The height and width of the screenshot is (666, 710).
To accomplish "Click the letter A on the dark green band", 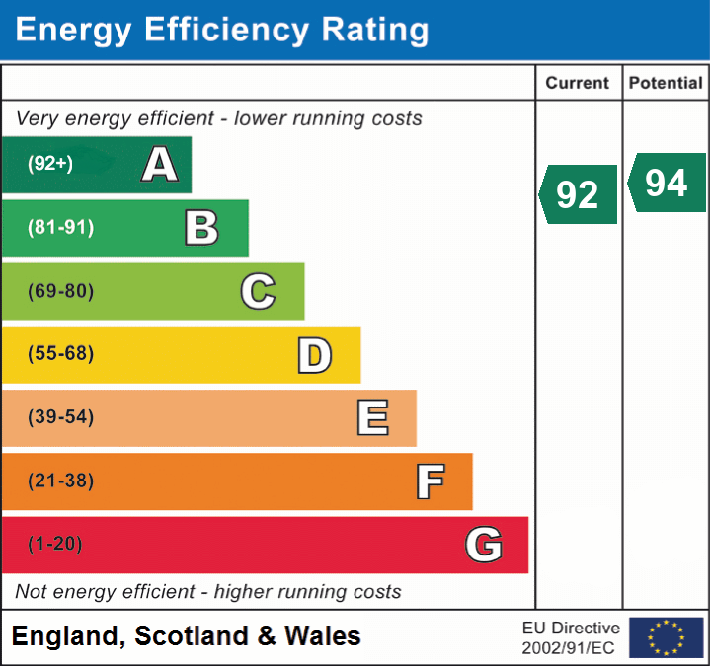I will coord(160,165).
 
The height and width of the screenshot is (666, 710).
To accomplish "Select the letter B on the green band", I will coord(201,228).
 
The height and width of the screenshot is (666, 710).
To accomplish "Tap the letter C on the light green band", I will coord(258,291).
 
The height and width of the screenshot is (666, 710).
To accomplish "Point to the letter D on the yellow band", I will coord(314,355).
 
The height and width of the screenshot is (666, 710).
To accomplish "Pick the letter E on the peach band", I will coord(371,417).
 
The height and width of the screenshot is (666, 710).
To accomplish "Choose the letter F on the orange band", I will coord(429,481).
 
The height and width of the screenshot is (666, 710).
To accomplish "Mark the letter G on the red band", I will coord(484,545).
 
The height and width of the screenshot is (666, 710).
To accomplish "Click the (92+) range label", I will coord(50,165).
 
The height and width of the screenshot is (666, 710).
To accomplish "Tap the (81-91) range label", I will coord(60,228).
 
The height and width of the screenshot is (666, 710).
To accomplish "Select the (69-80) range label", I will coord(60,291).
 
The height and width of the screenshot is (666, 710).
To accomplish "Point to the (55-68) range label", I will coord(60,354).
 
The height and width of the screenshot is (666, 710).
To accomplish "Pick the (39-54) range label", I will coord(60,417).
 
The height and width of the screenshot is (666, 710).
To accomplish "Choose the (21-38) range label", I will coord(60,481).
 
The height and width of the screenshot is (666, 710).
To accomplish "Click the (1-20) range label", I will coord(55,545).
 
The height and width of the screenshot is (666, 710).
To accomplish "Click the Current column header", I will coord(578,84).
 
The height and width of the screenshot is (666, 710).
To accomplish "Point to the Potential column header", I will coord(666,84).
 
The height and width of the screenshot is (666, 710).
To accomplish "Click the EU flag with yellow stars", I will coord(666,637).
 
